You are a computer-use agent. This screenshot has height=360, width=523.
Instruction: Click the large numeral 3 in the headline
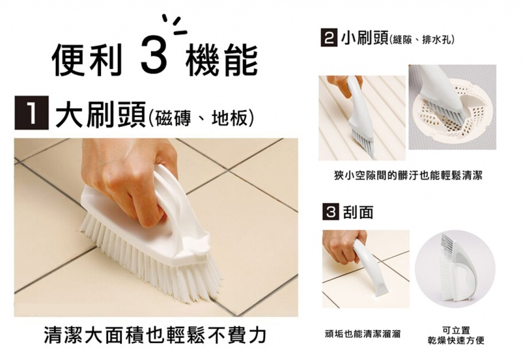click(154, 55)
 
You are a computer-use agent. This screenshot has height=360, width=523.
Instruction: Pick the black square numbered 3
click(331, 212)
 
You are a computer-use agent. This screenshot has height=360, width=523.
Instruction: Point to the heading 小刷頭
click(364, 38)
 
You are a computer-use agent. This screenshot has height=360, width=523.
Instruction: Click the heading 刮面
click(358, 212)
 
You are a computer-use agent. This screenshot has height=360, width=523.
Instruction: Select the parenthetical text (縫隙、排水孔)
click(421, 40)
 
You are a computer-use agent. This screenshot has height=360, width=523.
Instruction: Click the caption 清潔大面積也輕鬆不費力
click(155, 334)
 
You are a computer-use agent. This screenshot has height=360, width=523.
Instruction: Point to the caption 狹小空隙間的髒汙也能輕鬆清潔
click(408, 175)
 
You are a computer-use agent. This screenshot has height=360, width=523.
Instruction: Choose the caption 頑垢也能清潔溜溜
click(362, 334)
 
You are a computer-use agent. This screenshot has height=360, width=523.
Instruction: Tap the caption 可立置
click(456, 331)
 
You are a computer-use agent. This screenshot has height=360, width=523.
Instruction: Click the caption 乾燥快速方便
click(456, 340)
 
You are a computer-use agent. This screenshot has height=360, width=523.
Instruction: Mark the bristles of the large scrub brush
click(150, 257)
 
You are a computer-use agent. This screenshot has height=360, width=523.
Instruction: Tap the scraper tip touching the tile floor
click(381, 290)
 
